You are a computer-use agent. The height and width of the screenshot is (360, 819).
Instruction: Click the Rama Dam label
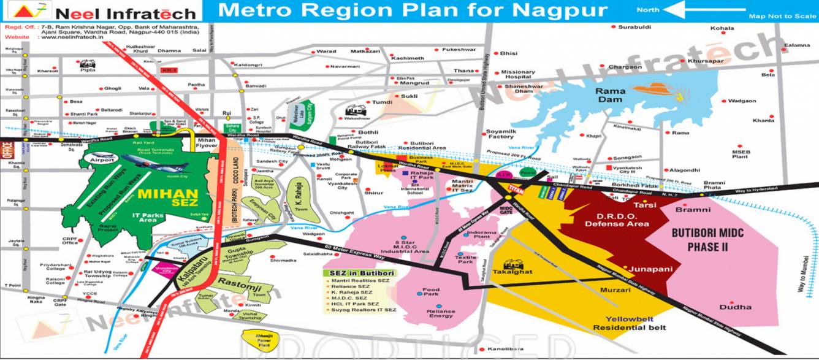611,95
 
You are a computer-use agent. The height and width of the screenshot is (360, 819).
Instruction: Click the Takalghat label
514,271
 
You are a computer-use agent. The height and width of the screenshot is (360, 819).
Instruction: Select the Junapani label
650,269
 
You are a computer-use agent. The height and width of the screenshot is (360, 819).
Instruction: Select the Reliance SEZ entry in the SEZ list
351,286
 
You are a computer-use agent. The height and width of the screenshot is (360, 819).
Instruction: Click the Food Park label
431,292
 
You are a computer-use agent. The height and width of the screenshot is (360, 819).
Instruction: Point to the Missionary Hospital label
518,75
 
